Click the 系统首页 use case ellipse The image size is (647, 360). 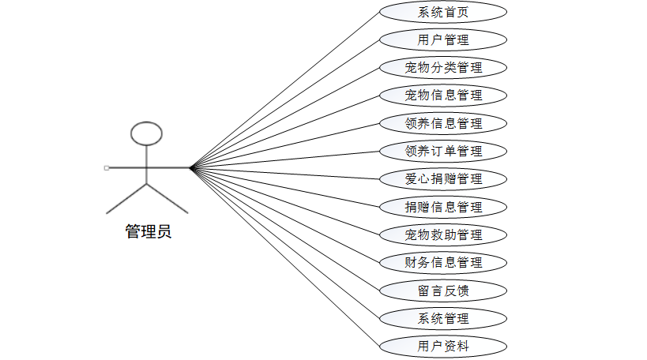442,12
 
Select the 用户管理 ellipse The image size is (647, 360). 442,39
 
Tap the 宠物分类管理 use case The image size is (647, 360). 442,67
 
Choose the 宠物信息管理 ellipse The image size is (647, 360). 442,96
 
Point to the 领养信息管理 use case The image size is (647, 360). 442,123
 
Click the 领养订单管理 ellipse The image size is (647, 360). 442,151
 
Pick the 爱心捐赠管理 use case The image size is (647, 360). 442,178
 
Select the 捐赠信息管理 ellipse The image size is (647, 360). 442,207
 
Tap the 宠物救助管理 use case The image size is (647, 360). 442,234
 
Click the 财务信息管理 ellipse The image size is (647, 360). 442,262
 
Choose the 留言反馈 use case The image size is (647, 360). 442,290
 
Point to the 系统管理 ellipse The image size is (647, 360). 442,318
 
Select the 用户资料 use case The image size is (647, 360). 442,346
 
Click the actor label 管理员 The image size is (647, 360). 148,232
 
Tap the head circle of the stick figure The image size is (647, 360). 146,133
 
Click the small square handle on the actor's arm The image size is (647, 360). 107,167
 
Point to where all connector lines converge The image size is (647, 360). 191,167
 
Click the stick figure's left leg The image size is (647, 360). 126,199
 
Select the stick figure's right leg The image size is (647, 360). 167,199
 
